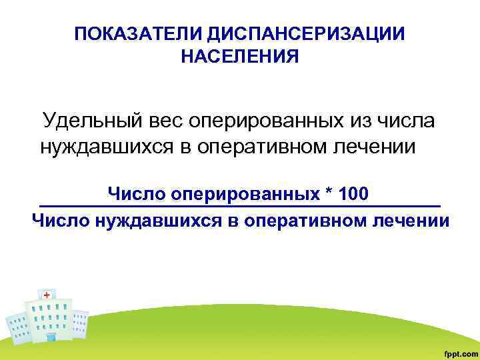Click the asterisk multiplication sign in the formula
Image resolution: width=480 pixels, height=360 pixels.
(329, 193)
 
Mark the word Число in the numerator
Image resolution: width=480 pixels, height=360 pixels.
(136, 194)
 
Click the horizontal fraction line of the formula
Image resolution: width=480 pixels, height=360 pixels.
(240, 205)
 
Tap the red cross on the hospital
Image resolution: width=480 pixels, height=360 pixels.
(47, 294)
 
